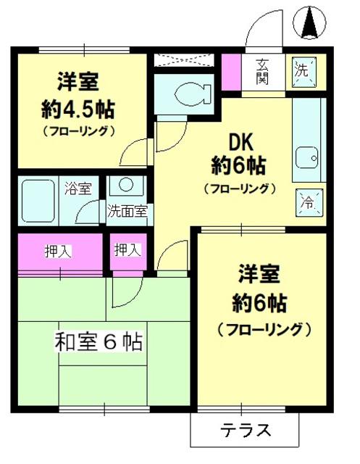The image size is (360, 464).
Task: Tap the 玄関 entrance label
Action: pos(263,70)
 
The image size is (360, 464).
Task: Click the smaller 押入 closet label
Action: pos(127,250)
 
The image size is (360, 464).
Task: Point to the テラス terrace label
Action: pos(246,430)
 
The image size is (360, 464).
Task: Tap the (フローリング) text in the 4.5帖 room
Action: pos(78,132)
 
